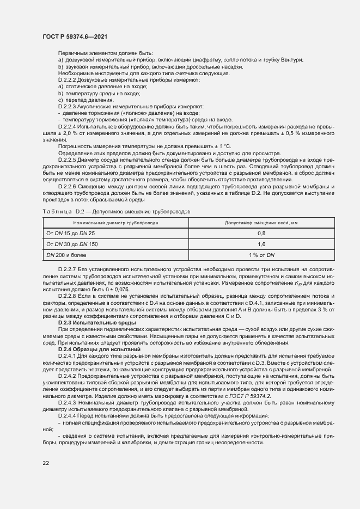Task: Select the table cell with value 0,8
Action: [261, 233]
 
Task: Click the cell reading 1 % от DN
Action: [261, 254]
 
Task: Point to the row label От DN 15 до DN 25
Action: [67, 233]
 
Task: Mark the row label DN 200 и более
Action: [66, 254]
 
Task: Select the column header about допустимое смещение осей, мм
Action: [261, 223]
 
